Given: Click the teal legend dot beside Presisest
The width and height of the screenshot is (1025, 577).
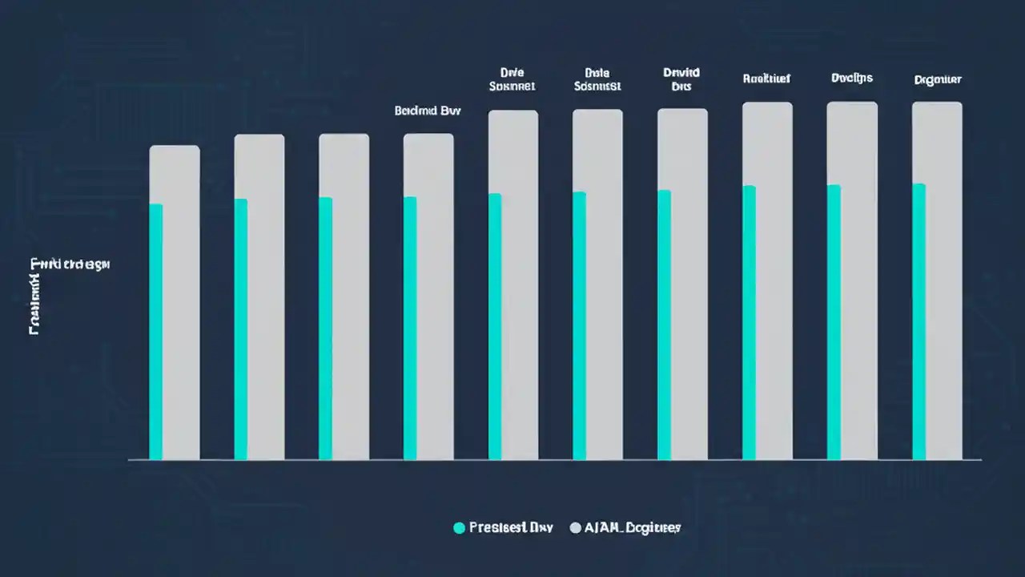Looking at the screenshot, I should pyautogui.click(x=459, y=527).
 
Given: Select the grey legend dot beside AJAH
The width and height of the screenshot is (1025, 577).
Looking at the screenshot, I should pyautogui.click(x=575, y=527).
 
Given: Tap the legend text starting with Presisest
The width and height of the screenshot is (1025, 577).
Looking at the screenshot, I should pyautogui.click(x=510, y=527).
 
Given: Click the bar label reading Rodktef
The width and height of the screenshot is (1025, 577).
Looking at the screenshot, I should pyautogui.click(x=766, y=79).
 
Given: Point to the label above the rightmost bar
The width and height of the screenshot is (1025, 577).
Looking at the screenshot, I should pyautogui.click(x=938, y=79).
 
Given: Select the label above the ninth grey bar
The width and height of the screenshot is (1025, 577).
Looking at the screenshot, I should pyautogui.click(x=852, y=78).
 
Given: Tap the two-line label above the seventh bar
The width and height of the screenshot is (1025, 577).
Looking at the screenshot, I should pyautogui.click(x=681, y=79).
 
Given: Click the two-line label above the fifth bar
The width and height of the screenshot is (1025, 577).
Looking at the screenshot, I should pyautogui.click(x=512, y=79).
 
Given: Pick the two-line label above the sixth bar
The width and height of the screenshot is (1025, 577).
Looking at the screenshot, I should pyautogui.click(x=597, y=79).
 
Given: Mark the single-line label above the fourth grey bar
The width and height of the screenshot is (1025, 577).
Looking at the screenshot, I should pyautogui.click(x=428, y=111).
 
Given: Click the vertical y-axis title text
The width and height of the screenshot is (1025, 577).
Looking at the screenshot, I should pyautogui.click(x=36, y=297).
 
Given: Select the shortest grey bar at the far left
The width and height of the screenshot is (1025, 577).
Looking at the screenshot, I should pyautogui.click(x=181, y=305).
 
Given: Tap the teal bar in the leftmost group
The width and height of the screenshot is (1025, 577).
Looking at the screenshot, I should pyautogui.click(x=156, y=332).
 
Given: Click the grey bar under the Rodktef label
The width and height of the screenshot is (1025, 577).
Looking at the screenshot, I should pyautogui.click(x=774, y=280).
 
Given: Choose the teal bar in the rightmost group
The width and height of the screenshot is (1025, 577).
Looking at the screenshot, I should pyautogui.click(x=919, y=321).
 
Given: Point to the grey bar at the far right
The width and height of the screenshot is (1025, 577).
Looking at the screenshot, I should pyautogui.click(x=943, y=280).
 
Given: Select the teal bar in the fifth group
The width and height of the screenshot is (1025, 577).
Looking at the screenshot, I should pyautogui.click(x=495, y=326).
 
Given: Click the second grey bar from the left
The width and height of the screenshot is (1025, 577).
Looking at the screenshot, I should pyautogui.click(x=266, y=297).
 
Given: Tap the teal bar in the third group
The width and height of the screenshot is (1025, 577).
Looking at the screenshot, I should pyautogui.click(x=325, y=329).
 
